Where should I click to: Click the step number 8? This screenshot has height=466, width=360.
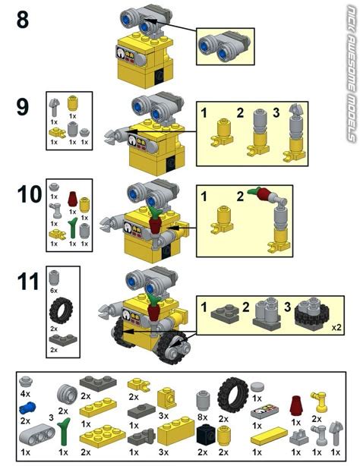[x=22, y=19]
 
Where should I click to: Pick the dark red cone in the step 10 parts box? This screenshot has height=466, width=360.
[x=71, y=200]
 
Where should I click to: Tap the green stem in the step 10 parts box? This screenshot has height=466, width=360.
[x=71, y=228]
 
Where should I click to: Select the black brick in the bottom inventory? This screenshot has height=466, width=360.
[x=204, y=435]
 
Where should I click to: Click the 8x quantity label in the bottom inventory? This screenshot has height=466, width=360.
[x=202, y=416]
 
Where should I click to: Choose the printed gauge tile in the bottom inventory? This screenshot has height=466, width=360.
[x=267, y=414]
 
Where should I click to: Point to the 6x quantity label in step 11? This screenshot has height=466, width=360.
[x=53, y=291]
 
